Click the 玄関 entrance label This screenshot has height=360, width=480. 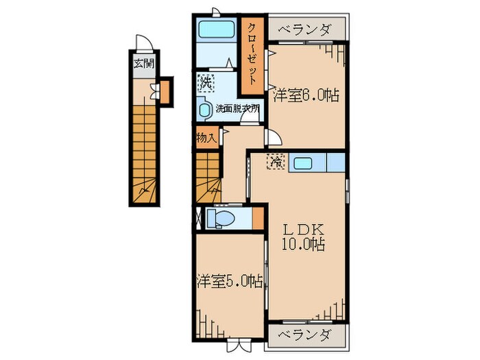tap(143, 66)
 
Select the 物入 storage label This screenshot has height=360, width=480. tap(206, 137)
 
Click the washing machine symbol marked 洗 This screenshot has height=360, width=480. tap(206, 83)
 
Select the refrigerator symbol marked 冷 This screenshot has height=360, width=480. tap(276, 163)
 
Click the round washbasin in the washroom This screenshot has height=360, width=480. tap(204, 108)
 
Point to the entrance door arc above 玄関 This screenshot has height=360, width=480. tap(144, 43)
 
